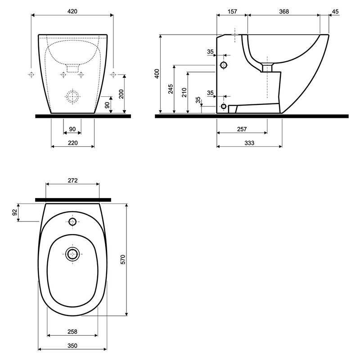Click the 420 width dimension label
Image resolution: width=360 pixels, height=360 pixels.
coord(72,11)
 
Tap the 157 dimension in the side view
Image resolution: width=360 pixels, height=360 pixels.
coord(232,11)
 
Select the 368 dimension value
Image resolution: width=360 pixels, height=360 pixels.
coord(284,11)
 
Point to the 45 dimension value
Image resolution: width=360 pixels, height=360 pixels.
coord(335,11)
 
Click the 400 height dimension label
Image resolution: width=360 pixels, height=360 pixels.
coord(157,73)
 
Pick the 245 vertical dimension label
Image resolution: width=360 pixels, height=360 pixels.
coord(171,89)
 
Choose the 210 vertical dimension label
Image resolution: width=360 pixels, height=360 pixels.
coord(184,92)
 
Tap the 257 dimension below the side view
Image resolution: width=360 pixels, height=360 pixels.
coord(242,129)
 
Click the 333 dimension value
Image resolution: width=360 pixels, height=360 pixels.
coord(249,143)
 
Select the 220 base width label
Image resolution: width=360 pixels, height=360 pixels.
coord(72,143)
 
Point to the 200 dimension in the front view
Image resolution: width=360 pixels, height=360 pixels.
coord(121,94)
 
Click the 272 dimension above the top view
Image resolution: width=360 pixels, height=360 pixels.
coord(72,180)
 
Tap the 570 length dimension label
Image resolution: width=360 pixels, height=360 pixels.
coord(123,260)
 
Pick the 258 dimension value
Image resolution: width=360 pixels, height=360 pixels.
coord(72,332)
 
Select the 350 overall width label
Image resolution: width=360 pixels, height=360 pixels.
coord(72,346)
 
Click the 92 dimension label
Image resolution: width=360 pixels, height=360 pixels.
coord(15,212)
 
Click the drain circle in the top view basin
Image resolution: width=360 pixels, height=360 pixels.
coord(72,248)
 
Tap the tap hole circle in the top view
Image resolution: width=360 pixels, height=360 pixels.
coord(72,219)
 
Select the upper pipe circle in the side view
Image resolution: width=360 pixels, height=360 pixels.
coord(224,62)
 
